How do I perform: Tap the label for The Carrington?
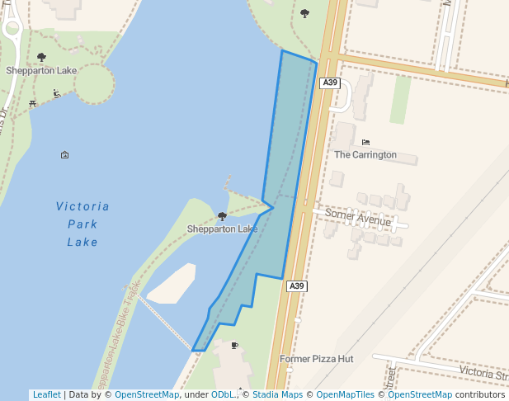click(x=365, y=154)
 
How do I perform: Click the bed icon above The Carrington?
click(x=365, y=142)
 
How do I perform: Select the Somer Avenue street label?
click(x=357, y=218)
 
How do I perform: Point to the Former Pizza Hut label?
click(x=316, y=359)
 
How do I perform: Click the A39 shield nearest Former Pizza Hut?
click(x=297, y=286)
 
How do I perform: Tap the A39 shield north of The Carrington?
click(x=329, y=83)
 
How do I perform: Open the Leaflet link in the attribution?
click(x=46, y=394)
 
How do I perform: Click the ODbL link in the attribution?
click(x=223, y=394)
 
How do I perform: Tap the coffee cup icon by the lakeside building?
click(x=235, y=345)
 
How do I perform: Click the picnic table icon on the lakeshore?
click(x=32, y=103)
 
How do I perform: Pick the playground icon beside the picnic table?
click(x=56, y=94)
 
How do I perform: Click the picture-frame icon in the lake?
click(x=65, y=154)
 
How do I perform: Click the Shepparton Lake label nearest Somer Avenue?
click(x=222, y=229)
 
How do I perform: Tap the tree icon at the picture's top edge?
click(x=304, y=12)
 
